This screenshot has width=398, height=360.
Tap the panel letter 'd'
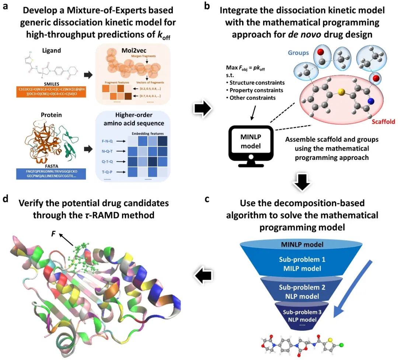click(6, 199)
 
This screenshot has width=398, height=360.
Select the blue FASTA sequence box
click(51, 173)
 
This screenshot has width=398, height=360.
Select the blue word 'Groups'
click(298, 53)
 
